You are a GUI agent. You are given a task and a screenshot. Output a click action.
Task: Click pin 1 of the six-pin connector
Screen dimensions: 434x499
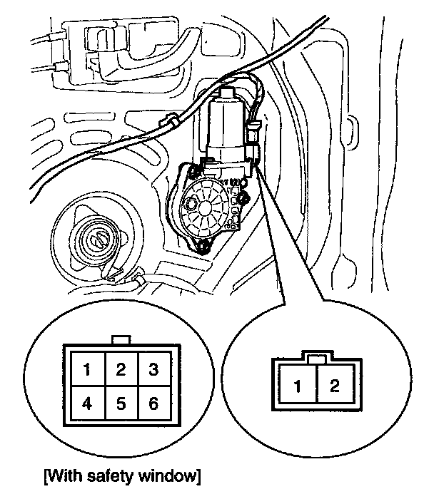[86, 369]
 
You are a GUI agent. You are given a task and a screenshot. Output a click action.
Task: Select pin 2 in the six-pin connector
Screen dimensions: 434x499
[121, 369]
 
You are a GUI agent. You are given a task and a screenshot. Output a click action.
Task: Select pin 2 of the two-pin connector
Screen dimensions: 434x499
[333, 387]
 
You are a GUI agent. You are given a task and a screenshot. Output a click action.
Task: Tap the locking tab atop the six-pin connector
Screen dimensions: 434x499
[121, 340]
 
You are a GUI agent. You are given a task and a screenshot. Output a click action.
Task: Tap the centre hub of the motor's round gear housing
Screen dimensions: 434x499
[203, 205]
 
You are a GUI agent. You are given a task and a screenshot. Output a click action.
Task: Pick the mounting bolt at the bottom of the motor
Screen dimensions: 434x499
[203, 249]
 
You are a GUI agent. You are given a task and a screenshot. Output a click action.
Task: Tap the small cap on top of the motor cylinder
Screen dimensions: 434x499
[227, 92]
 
